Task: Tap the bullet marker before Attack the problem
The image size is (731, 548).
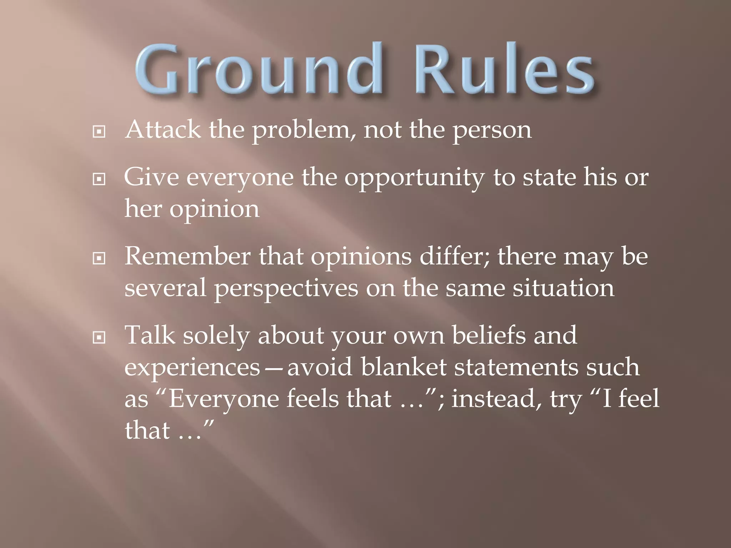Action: tap(99, 132)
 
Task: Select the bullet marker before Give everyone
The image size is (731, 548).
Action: tap(99, 179)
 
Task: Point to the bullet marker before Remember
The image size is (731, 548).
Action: tap(99, 258)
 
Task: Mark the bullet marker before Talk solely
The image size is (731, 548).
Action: tap(99, 338)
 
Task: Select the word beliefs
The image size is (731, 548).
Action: tap(489, 335)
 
